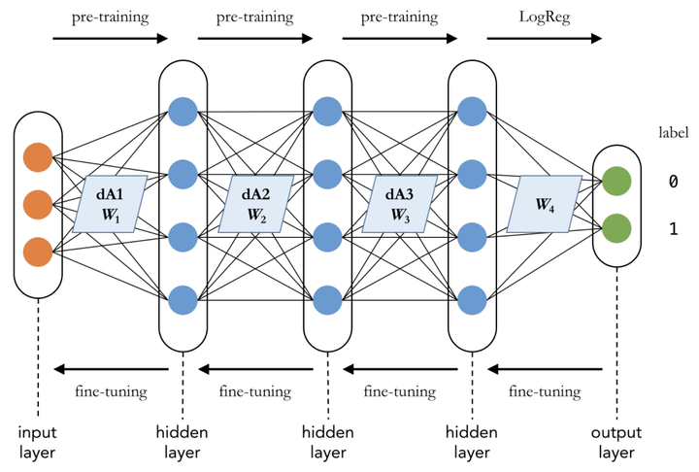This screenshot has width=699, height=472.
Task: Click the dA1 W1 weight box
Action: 111,204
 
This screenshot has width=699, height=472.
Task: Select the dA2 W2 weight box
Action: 254,204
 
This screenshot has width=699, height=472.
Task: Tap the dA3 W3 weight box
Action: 400,204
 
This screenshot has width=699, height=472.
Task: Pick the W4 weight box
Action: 545,204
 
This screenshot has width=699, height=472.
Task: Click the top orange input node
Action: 38,158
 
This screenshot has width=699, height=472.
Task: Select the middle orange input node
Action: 38,205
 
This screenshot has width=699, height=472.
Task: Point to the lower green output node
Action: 616,229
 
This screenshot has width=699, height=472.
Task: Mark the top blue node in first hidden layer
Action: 183,112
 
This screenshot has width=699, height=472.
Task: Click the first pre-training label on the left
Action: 109,17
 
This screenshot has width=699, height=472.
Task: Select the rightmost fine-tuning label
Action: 546,392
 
